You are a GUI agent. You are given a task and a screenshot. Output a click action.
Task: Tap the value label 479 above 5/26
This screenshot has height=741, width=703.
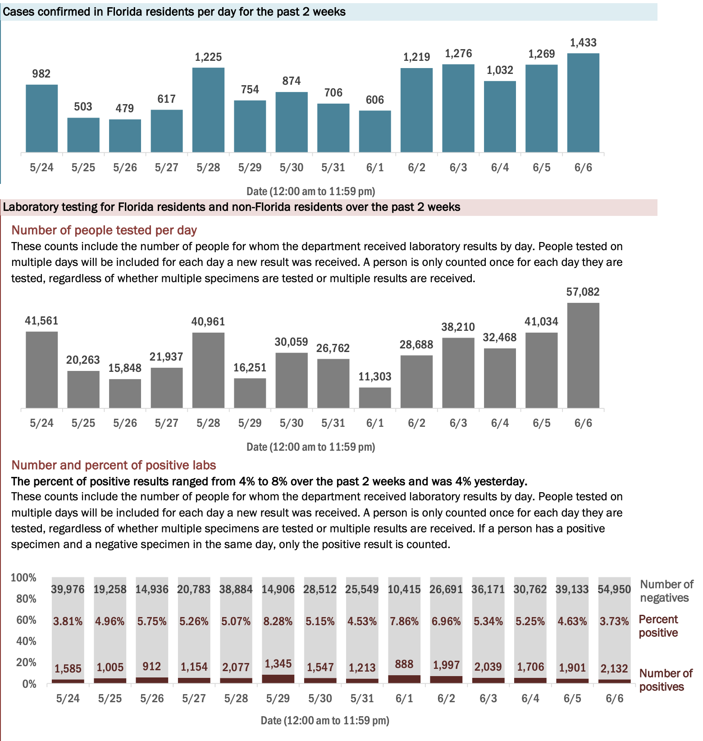125,108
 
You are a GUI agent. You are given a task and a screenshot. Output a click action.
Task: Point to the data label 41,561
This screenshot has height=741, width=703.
41,321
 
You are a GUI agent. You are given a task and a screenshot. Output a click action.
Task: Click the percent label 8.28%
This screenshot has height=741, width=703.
278,622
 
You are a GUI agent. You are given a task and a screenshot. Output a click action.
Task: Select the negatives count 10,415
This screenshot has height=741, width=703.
404,589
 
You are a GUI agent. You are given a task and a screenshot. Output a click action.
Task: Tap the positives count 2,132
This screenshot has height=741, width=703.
614,668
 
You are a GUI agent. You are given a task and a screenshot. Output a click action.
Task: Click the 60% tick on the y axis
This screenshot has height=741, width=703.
26,620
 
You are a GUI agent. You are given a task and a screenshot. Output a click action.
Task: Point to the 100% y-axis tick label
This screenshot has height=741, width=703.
23,577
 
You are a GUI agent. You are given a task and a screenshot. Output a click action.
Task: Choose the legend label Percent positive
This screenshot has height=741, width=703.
658,626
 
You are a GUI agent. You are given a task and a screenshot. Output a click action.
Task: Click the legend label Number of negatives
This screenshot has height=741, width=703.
666,591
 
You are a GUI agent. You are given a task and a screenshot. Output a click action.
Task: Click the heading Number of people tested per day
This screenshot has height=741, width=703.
104,230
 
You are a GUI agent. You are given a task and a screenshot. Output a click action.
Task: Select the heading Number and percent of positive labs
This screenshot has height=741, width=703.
114,465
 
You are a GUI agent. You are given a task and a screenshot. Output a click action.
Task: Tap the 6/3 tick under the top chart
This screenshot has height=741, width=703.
458,168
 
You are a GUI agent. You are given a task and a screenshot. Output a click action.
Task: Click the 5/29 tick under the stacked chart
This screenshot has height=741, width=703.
278,698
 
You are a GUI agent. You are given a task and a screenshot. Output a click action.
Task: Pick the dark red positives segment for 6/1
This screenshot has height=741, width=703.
404,679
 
